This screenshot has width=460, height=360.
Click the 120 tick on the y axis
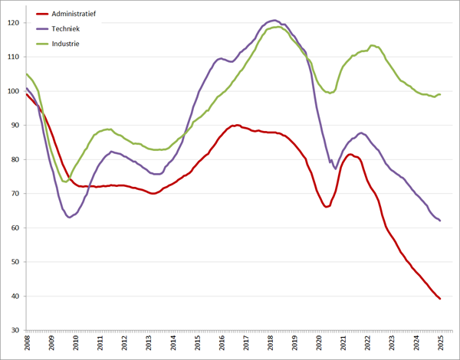tap(15, 23)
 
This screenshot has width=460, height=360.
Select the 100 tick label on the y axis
tap(15, 91)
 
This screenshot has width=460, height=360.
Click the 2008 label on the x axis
tap(27, 344)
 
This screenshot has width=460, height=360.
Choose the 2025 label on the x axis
tap(441, 344)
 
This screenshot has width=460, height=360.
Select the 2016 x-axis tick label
tap(222, 344)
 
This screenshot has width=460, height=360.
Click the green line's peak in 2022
tap(372, 45)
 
